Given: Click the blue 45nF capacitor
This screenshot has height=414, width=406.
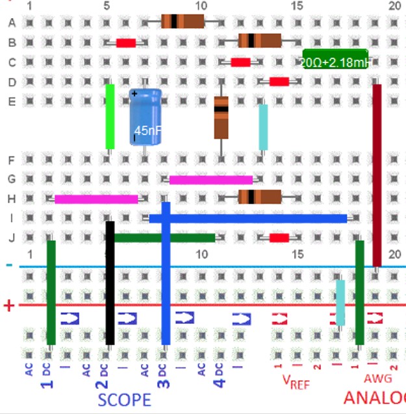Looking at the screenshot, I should point(145,117).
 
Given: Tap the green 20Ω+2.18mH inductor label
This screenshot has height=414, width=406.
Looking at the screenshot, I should point(335,59).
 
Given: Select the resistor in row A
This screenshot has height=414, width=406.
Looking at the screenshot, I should point(183,22).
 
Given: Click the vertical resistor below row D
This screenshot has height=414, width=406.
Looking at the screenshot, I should point(221,117).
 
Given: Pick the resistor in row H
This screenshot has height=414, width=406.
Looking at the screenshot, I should point(259,197).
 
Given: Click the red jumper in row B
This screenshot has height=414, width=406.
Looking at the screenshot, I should point(125,43).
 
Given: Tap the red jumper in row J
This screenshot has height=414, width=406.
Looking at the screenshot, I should point(279,238).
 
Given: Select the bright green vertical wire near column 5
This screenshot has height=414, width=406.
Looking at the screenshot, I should point(110,117).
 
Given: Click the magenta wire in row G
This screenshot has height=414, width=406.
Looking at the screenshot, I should point(210,180).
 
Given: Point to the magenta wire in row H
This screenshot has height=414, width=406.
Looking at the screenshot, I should point(96,199).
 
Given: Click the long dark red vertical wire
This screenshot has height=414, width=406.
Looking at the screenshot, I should point(377,175).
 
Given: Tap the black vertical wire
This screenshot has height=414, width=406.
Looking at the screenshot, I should point(110,282).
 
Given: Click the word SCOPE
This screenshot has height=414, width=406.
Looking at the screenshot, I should point(124,399).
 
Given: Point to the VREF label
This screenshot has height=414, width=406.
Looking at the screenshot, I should point(296,382).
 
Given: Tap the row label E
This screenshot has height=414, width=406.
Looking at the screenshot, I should point(12,101).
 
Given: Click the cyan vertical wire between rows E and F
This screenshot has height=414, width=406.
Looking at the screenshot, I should point(263,127).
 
